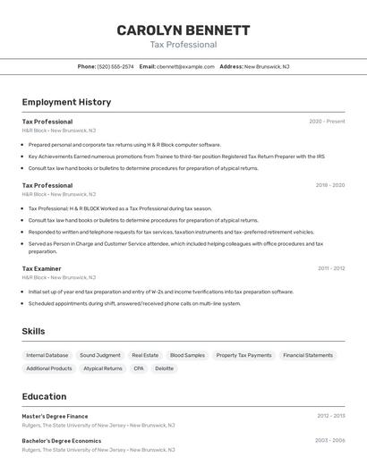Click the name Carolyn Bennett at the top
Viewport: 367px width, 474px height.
183,30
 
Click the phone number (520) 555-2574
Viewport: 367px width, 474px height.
115,66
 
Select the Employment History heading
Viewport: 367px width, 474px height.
66,102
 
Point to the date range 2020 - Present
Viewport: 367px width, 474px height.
327,122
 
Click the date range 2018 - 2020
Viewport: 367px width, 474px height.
329,185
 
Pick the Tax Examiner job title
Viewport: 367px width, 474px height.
42,268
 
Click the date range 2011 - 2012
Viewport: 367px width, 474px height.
330,268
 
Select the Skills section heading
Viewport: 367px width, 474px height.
33,331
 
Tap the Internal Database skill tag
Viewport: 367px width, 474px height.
47,355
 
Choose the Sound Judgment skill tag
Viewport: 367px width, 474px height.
100,355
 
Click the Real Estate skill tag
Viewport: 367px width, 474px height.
145,355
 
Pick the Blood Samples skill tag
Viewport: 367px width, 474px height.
187,355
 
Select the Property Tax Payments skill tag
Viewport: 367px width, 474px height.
243,355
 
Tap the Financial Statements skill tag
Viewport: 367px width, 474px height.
308,355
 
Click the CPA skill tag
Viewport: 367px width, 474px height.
139,368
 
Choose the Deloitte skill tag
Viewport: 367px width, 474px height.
165,368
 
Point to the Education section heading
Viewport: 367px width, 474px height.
44,396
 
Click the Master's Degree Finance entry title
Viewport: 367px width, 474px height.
55,416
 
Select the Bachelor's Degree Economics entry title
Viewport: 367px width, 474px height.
62,441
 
